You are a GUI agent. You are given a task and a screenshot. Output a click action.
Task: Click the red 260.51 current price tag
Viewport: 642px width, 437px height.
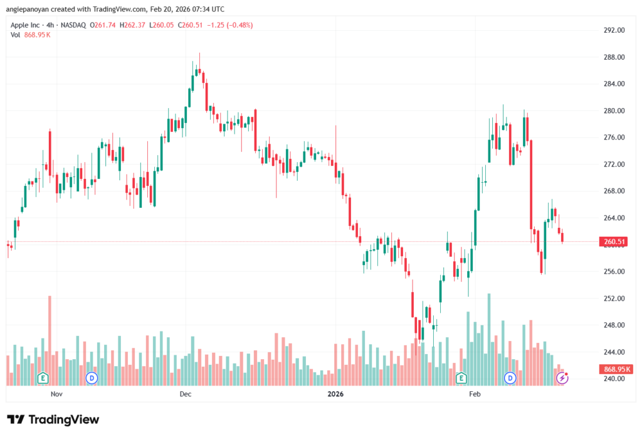click(614, 242)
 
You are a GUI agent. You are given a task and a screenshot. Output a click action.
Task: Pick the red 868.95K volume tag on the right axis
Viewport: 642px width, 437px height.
click(614, 369)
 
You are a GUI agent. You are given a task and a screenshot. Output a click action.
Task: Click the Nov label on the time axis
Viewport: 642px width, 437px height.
click(57, 394)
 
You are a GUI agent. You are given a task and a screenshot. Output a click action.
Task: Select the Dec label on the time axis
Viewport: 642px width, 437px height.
click(185, 394)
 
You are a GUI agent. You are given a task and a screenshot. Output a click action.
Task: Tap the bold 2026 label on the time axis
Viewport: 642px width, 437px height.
click(336, 394)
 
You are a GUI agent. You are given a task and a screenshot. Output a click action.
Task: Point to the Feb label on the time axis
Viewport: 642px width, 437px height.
click(475, 394)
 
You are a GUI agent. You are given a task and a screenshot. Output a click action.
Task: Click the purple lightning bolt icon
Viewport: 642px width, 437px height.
click(563, 378)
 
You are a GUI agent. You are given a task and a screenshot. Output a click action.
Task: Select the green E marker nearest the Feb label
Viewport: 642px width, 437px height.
click(461, 378)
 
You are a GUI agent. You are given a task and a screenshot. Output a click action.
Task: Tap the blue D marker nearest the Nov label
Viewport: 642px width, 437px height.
click(92, 378)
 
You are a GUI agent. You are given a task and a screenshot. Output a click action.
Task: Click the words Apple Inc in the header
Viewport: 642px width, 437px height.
click(26, 25)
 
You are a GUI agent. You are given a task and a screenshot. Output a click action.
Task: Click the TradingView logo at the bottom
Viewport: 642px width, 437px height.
click(53, 419)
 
